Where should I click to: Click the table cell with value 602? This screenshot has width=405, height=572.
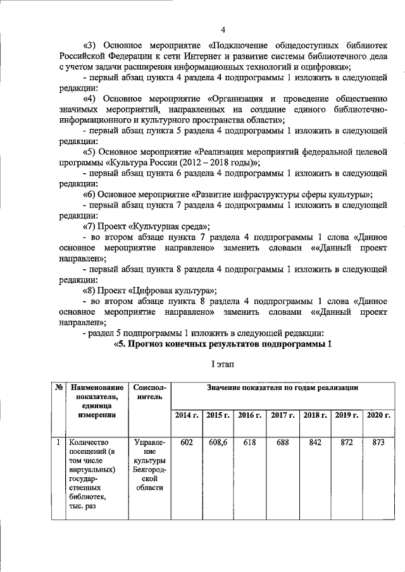tap(186, 443)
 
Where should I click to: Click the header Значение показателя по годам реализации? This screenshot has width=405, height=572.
tap(282, 387)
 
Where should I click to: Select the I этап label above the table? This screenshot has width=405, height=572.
tap(223, 365)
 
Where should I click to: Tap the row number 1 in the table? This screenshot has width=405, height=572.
tap(58, 443)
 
